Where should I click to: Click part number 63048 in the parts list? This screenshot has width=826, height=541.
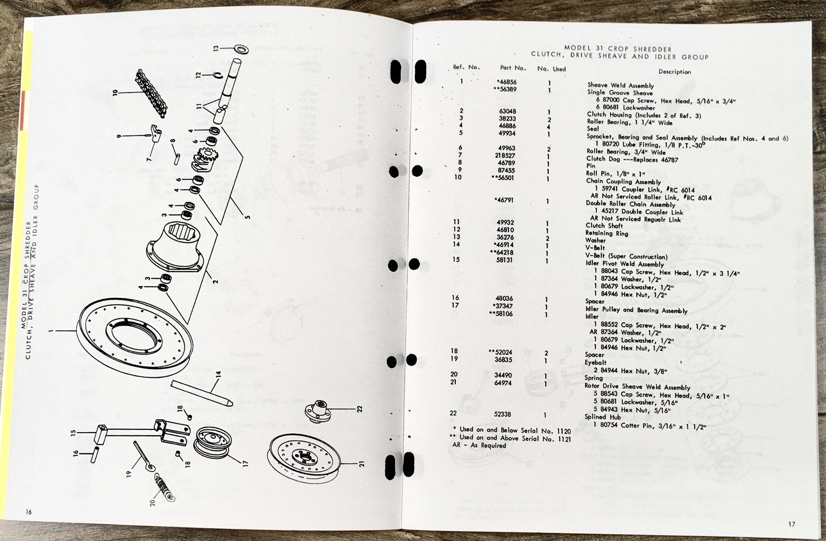point(507,111)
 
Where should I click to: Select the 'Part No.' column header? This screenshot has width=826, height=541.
point(513,68)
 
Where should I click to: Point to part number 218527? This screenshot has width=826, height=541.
point(505,155)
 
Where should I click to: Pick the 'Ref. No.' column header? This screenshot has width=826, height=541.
point(467,67)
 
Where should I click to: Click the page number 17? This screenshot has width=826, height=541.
point(792,524)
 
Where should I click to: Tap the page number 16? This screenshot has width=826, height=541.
point(29,512)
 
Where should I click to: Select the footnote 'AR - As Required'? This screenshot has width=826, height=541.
point(479,445)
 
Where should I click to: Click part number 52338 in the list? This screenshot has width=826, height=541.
point(502,414)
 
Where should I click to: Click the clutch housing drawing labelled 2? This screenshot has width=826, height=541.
point(175,247)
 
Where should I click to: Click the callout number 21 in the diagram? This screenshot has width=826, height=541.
point(361,464)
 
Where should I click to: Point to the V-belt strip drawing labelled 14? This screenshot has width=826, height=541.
point(201,393)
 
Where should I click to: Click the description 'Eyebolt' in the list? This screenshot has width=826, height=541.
point(596,362)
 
